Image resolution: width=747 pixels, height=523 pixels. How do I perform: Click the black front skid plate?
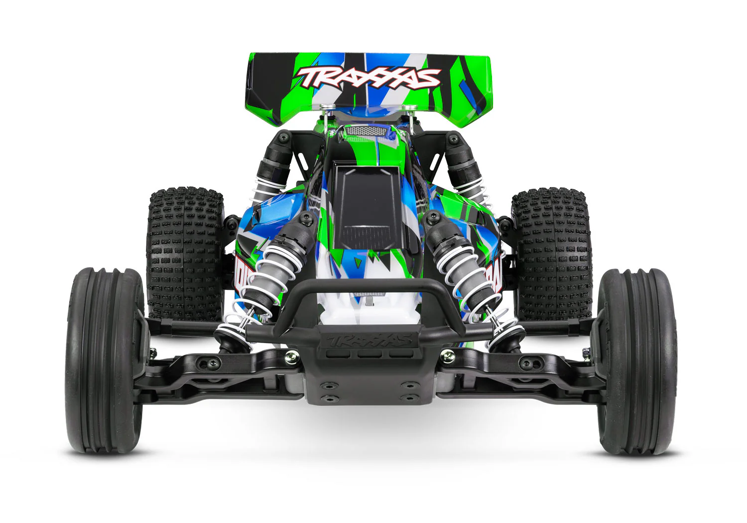pos(369,384)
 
